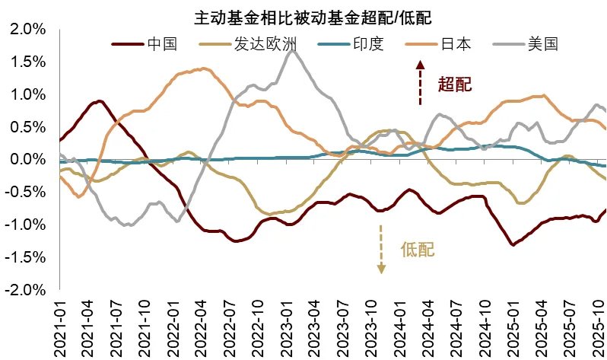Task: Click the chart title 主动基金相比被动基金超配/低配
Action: pyautogui.click(x=307, y=16)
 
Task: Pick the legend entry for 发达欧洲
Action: pyautogui.click(x=248, y=44)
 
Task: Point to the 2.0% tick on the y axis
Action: pyautogui.click(x=27, y=30)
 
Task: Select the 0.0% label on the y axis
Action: pyautogui.click(x=27, y=160)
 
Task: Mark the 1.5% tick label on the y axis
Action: pyautogui.click(x=27, y=62)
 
